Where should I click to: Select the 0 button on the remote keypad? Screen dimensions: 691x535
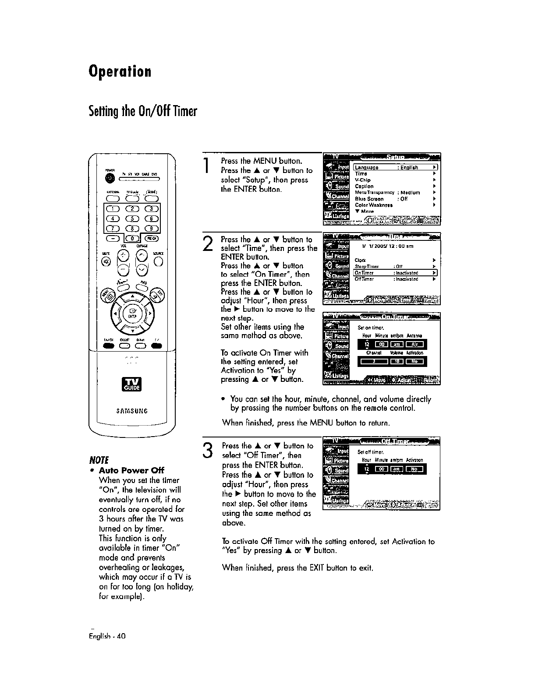tap(130, 239)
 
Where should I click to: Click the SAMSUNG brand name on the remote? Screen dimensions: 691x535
tap(132, 411)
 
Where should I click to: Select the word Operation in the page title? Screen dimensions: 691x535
tap(120, 71)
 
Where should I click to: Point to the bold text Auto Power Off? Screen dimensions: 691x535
tap(131, 470)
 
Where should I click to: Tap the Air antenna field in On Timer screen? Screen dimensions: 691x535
tap(414, 344)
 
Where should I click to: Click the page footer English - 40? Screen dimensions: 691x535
tap(107, 636)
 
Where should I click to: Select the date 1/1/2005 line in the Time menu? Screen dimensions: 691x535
tap(385, 247)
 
